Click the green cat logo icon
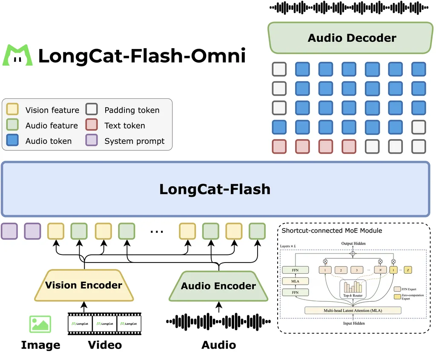tap(17, 55)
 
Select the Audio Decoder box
tap(352, 38)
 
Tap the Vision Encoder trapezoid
tap(84, 285)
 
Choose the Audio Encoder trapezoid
tap(218, 286)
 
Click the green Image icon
tap(40, 324)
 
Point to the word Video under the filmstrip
tap(105, 344)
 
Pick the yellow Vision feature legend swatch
tap(13, 110)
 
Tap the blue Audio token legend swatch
tap(13, 141)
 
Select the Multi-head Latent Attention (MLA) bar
tap(353, 310)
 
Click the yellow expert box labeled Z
tap(407, 269)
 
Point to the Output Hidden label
tap(353, 243)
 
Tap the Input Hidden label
tap(353, 323)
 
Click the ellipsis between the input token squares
tap(157, 231)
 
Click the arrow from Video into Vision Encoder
tap(84, 306)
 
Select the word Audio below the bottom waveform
tap(219, 344)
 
